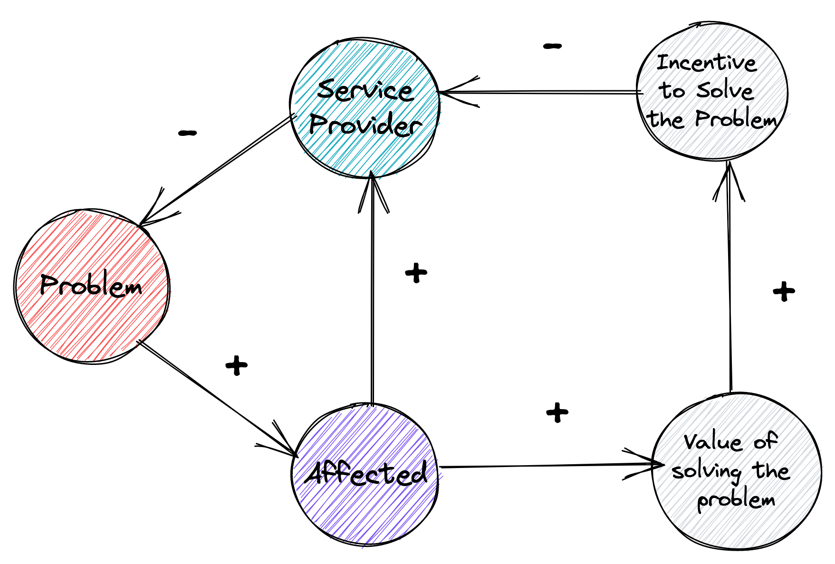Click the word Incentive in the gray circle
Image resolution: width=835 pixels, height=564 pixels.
[x=706, y=63]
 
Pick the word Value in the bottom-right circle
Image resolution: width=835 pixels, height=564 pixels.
[x=713, y=442]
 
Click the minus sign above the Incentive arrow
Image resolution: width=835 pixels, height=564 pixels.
[x=552, y=46]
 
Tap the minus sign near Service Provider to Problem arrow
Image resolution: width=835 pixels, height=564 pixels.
[x=187, y=133]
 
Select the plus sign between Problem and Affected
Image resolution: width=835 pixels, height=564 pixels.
[x=236, y=365]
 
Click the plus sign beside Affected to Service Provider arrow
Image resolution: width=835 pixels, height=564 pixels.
[x=416, y=273]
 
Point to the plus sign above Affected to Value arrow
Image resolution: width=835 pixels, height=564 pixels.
[x=557, y=412]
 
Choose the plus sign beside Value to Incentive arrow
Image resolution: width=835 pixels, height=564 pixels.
[x=784, y=291]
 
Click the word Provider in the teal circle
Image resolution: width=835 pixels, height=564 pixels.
[x=365, y=125]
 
